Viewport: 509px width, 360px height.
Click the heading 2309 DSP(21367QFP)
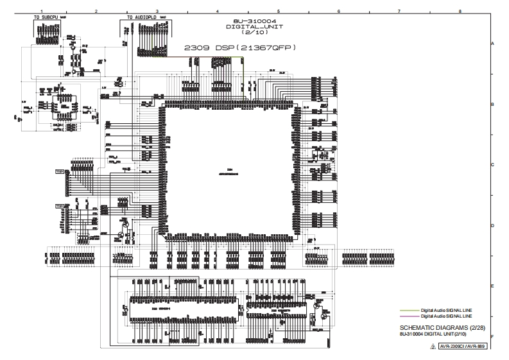click(x=239, y=47)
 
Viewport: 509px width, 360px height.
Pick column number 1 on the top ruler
click(x=42, y=11)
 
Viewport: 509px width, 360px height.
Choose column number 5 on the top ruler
click(x=278, y=11)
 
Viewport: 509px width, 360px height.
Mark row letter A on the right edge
click(x=492, y=43)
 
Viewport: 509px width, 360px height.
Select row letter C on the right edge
click(x=492, y=165)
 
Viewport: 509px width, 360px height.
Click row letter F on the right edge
click(x=492, y=336)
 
